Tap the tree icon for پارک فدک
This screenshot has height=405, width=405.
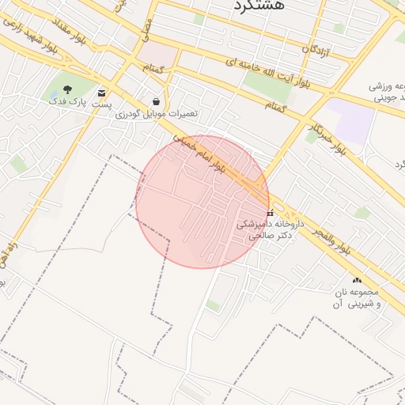click(x=66, y=89)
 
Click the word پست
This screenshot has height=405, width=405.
click(x=101, y=104)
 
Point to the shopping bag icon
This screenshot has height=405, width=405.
click(x=157, y=101)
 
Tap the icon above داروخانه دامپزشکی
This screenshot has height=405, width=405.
click(x=271, y=213)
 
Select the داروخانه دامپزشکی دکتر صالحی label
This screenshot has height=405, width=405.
click(x=267, y=229)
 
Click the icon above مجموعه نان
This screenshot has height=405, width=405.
click(x=358, y=280)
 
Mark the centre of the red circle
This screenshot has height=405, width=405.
click(x=202, y=202)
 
